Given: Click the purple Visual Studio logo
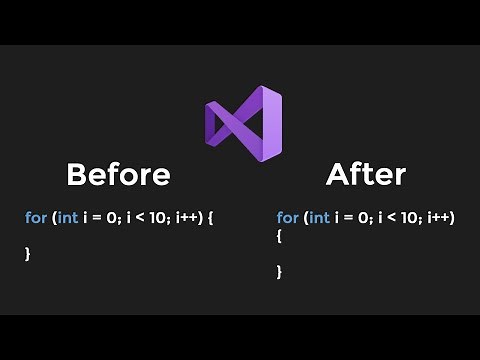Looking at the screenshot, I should pos(243,123).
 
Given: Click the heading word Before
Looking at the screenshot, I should pos(118,175).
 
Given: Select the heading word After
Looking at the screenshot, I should pos(366,175).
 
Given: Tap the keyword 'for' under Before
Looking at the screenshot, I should pos(35,217).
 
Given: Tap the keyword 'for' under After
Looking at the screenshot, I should pos(287,217).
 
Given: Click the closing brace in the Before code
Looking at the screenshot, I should pos(28,254).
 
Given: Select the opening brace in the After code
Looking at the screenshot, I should pos(280,237).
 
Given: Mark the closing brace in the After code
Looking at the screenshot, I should pos(280,271).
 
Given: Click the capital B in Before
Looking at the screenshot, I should pos(76,175).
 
